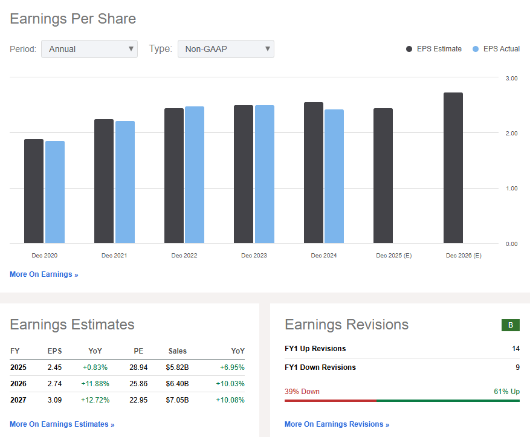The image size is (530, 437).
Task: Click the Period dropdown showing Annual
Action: [89, 49]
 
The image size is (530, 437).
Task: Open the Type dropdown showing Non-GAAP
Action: [225, 49]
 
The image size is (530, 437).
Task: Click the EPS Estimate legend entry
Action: [434, 49]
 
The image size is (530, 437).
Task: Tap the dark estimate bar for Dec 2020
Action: [34, 191]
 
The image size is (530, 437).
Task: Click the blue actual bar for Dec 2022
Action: [195, 175]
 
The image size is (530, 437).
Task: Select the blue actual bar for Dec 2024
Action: [334, 176]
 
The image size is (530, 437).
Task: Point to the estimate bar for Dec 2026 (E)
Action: [453, 168]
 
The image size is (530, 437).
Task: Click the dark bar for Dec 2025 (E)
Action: [383, 176]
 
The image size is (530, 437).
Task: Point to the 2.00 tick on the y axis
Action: [511, 133]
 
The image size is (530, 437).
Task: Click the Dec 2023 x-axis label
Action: [254, 256]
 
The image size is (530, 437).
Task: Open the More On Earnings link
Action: [44, 274]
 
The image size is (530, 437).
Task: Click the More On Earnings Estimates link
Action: [62, 424]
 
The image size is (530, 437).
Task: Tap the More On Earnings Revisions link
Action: [337, 424]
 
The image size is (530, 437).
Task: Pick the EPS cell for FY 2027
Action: [55, 400]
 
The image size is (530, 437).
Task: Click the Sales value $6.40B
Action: [178, 384]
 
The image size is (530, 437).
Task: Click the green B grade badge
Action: [511, 325]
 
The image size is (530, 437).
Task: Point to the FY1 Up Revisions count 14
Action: [515, 349]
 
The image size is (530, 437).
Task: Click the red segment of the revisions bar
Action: [331, 400]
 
